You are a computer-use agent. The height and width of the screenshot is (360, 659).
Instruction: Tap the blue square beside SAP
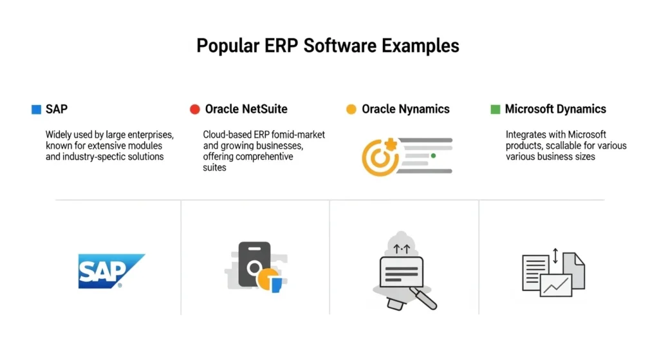tap(36, 109)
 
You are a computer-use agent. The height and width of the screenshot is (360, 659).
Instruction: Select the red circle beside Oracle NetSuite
tap(195, 109)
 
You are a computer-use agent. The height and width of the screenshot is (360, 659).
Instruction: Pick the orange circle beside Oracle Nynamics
tap(351, 109)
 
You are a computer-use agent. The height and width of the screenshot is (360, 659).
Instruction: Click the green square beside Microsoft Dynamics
tap(495, 109)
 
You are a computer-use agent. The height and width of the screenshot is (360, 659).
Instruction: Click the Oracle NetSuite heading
tap(246, 109)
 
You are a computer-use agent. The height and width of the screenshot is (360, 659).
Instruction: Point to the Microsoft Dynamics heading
tap(555, 109)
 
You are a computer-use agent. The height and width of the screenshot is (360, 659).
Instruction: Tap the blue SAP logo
tap(110, 270)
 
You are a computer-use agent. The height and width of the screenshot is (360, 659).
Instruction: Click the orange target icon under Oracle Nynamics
tap(378, 156)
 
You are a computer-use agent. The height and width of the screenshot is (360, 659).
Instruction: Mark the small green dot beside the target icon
tap(433, 156)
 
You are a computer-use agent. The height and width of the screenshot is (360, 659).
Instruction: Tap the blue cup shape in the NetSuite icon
tap(277, 285)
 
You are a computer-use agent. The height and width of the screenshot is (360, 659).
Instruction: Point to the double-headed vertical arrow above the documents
tap(555, 257)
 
